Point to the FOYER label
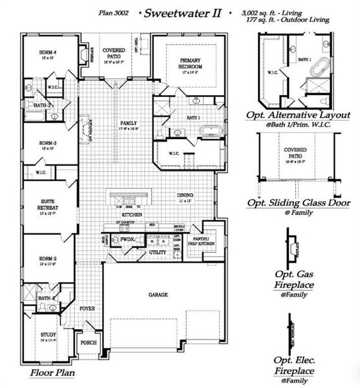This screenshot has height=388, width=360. pos(87,308)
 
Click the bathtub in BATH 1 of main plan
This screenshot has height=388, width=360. pos(210,132)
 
